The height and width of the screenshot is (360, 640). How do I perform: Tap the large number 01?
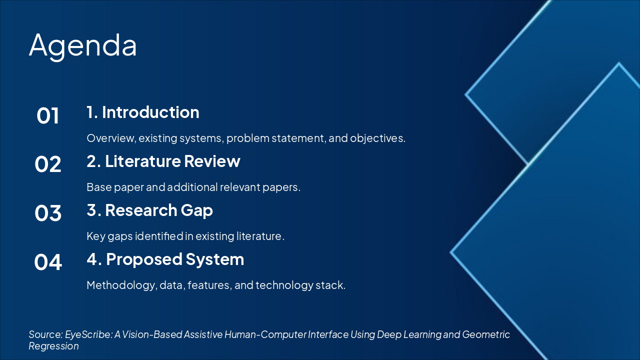[47, 115]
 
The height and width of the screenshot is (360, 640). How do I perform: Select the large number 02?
[47, 164]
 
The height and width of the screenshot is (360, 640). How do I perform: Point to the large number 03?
[47, 213]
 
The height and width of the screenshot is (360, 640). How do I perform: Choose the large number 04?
[47, 262]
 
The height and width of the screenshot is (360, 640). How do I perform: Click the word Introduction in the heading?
[150, 112]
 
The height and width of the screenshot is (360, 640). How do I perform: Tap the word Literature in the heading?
[143, 161]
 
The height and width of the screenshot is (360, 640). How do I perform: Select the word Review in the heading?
[212, 161]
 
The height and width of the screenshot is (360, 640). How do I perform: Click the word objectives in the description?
[377, 138]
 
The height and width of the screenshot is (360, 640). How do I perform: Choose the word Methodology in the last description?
[122, 285]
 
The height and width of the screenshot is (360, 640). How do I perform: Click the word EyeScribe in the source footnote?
[89, 335]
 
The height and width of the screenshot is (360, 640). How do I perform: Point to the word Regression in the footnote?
[53, 346]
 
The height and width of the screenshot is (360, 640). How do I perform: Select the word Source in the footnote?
[45, 334]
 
